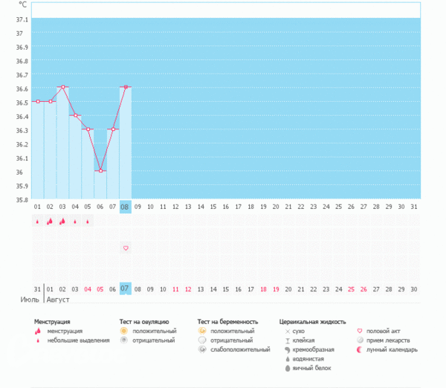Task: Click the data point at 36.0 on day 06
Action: click(x=100, y=171)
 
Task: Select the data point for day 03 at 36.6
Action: click(x=63, y=88)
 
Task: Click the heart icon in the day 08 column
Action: click(x=126, y=248)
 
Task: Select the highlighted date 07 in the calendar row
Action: click(x=126, y=288)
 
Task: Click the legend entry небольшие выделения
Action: click(x=74, y=340)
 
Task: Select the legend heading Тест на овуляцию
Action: click(x=149, y=322)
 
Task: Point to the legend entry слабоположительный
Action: click(x=240, y=349)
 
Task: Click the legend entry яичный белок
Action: click(x=311, y=367)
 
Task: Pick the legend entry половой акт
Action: click(x=383, y=331)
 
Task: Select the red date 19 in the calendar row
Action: click(x=277, y=288)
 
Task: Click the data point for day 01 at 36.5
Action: click(x=38, y=102)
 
